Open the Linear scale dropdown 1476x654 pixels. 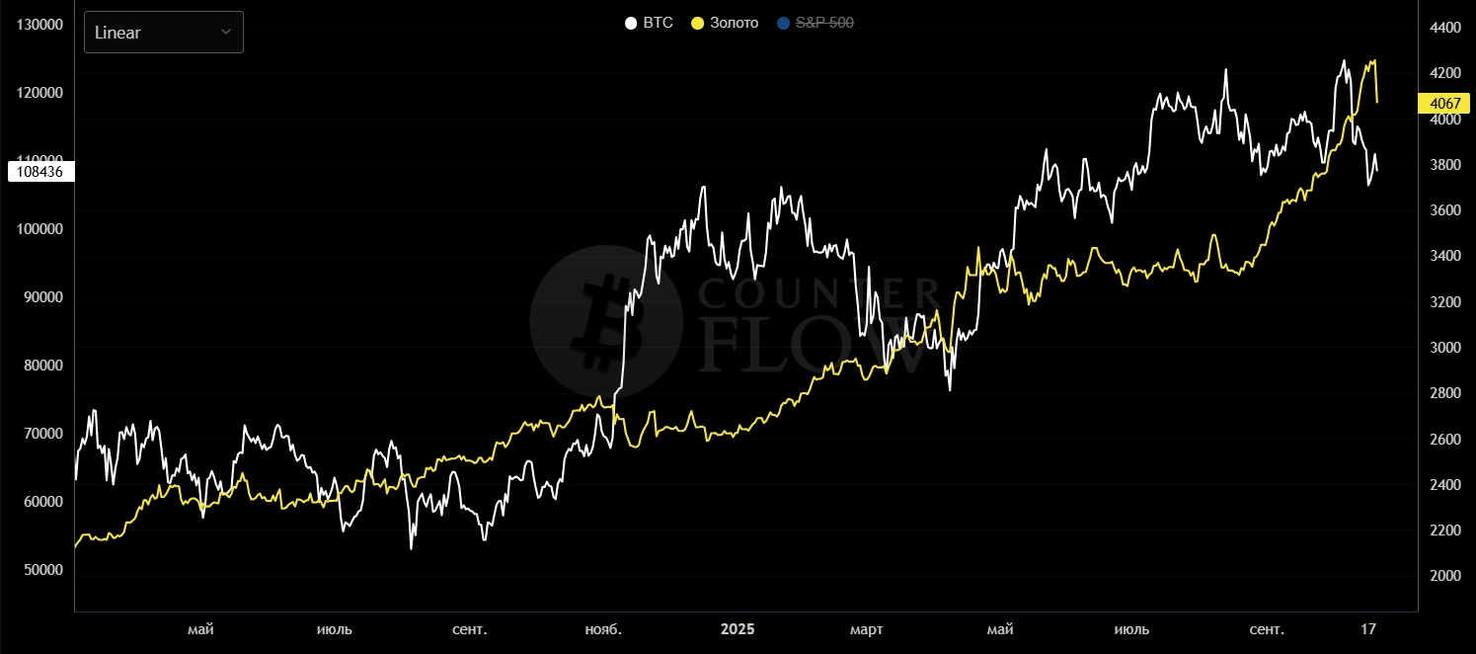(163, 33)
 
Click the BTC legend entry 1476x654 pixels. (650, 23)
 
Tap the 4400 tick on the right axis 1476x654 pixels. (1444, 28)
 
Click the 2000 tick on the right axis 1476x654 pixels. (1444, 576)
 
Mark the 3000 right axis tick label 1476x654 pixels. (1444, 348)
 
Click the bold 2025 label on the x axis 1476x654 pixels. (737, 629)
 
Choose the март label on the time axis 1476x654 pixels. (867, 629)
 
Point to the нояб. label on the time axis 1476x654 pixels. (603, 629)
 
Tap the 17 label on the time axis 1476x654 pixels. (1368, 629)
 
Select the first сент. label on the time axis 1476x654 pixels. (470, 629)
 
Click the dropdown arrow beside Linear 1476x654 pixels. (226, 33)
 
